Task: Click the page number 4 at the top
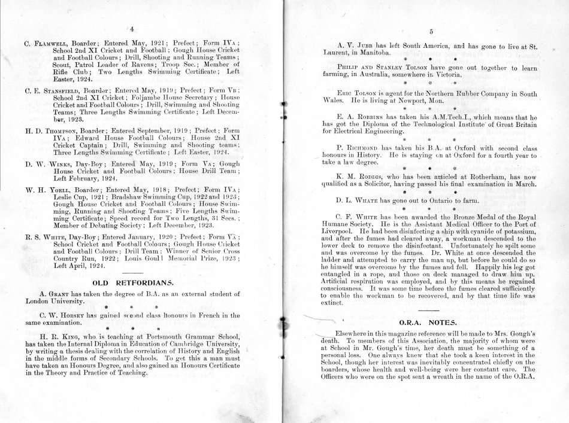coord(131,29)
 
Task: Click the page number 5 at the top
coord(422,34)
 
